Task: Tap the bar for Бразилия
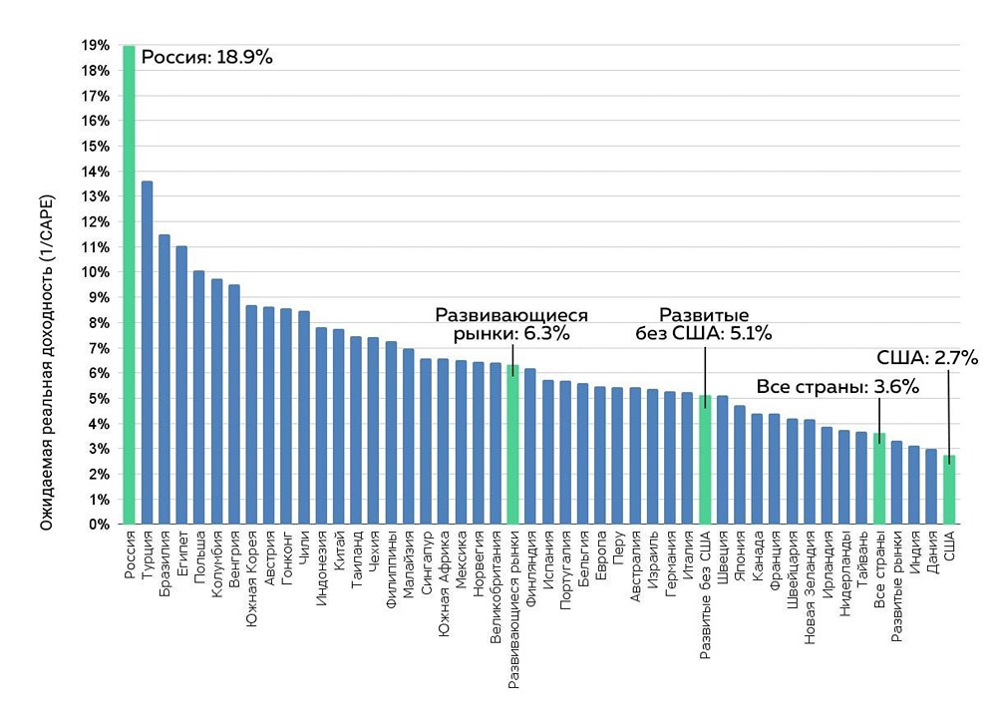point(165,379)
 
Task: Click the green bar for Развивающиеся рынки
point(512,444)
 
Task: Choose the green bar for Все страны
point(878,479)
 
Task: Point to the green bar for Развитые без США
point(705,460)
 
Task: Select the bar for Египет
point(181,385)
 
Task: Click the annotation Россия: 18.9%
point(206,57)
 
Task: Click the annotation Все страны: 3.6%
point(837,387)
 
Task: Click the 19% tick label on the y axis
point(96,46)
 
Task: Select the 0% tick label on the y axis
point(100,524)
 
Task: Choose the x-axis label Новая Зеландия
point(809,578)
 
